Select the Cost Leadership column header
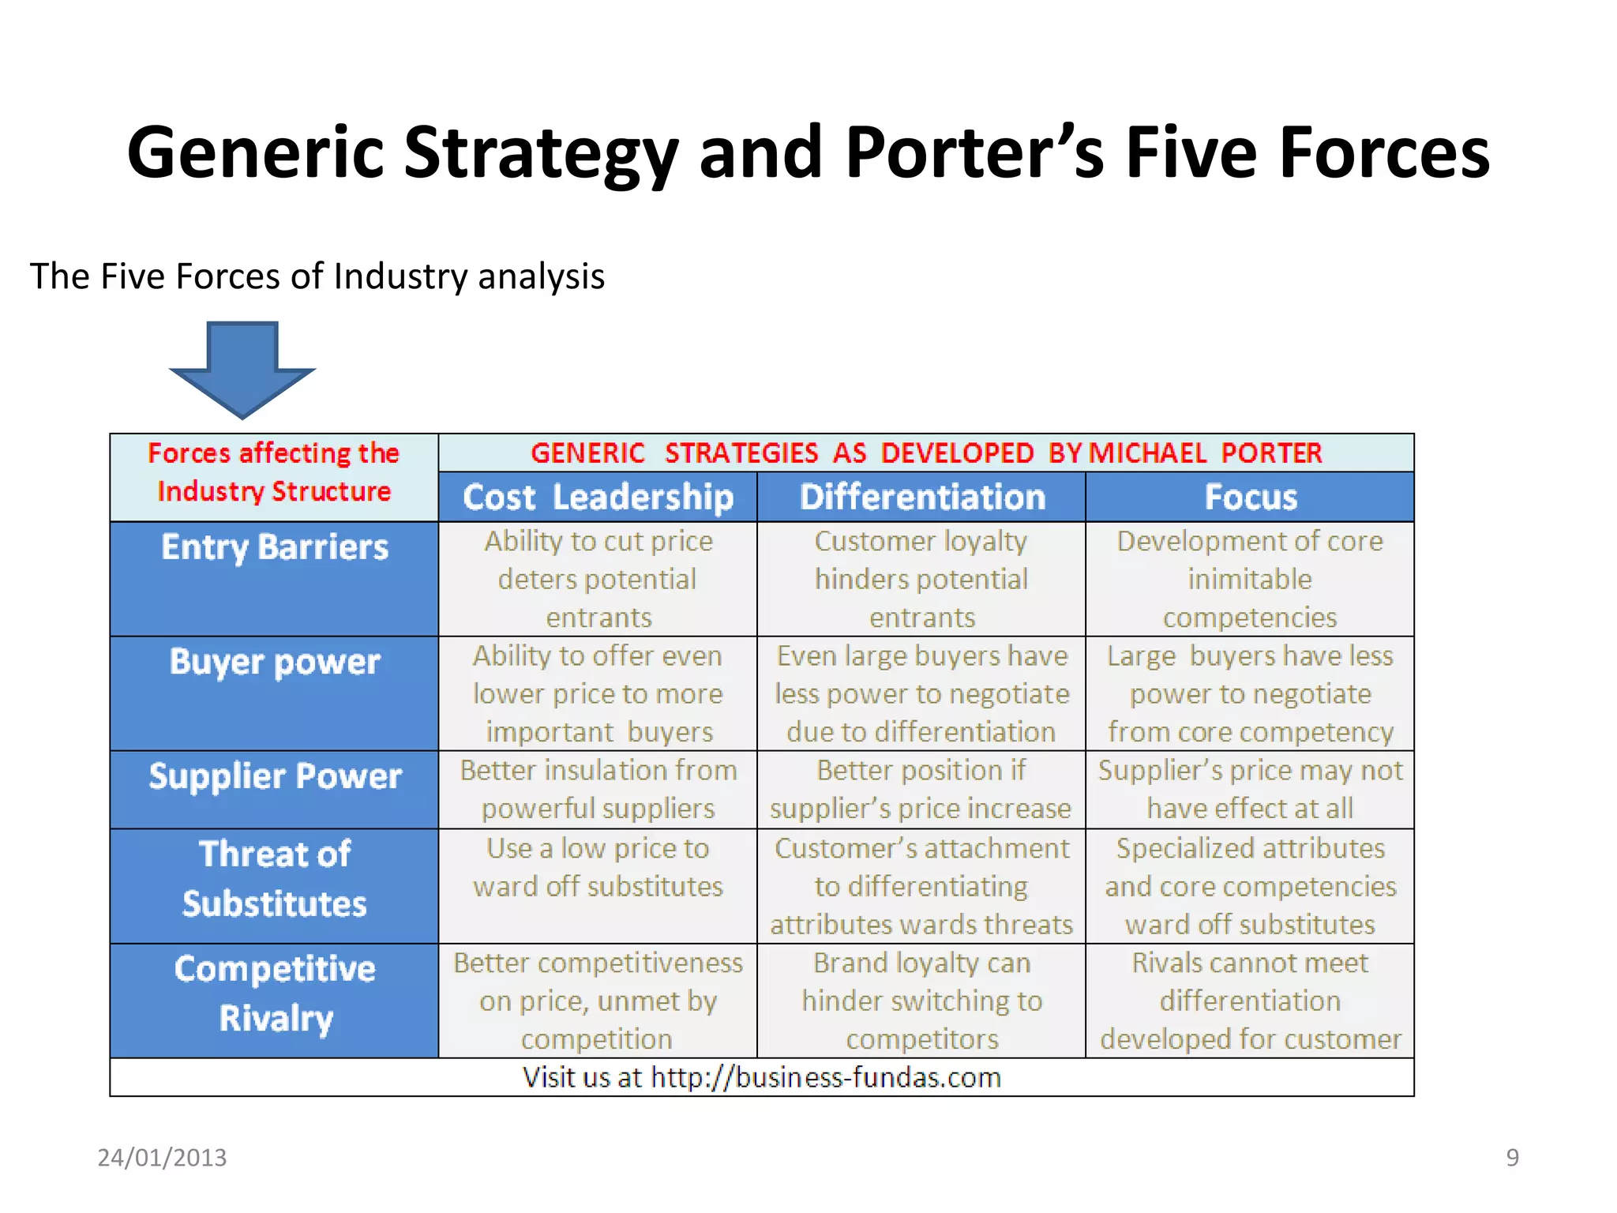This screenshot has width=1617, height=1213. coord(598,498)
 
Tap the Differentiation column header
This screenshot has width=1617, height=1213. coord(921,498)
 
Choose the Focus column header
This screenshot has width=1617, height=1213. coord(1250,498)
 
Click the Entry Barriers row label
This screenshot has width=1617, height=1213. coord(274,547)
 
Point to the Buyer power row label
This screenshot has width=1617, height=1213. coord(274,662)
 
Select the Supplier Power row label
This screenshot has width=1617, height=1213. coord(274,776)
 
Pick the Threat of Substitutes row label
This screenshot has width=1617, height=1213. coord(274,878)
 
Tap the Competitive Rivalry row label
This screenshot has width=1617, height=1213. coord(274,993)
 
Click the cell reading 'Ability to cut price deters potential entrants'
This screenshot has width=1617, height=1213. coord(598,579)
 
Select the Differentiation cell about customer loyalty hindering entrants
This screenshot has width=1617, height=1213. coord(921,579)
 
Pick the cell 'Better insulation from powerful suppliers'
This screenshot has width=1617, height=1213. coord(598,789)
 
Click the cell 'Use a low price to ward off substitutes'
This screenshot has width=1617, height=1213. coord(598,867)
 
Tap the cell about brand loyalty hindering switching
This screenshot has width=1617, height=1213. coord(921,1001)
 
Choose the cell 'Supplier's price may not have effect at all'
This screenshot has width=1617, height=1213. coord(1250,789)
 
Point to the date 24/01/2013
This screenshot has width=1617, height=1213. coord(162,1157)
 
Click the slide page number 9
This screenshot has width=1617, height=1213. coord(1512,1157)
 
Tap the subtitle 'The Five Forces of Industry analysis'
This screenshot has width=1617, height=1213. coord(317,276)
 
